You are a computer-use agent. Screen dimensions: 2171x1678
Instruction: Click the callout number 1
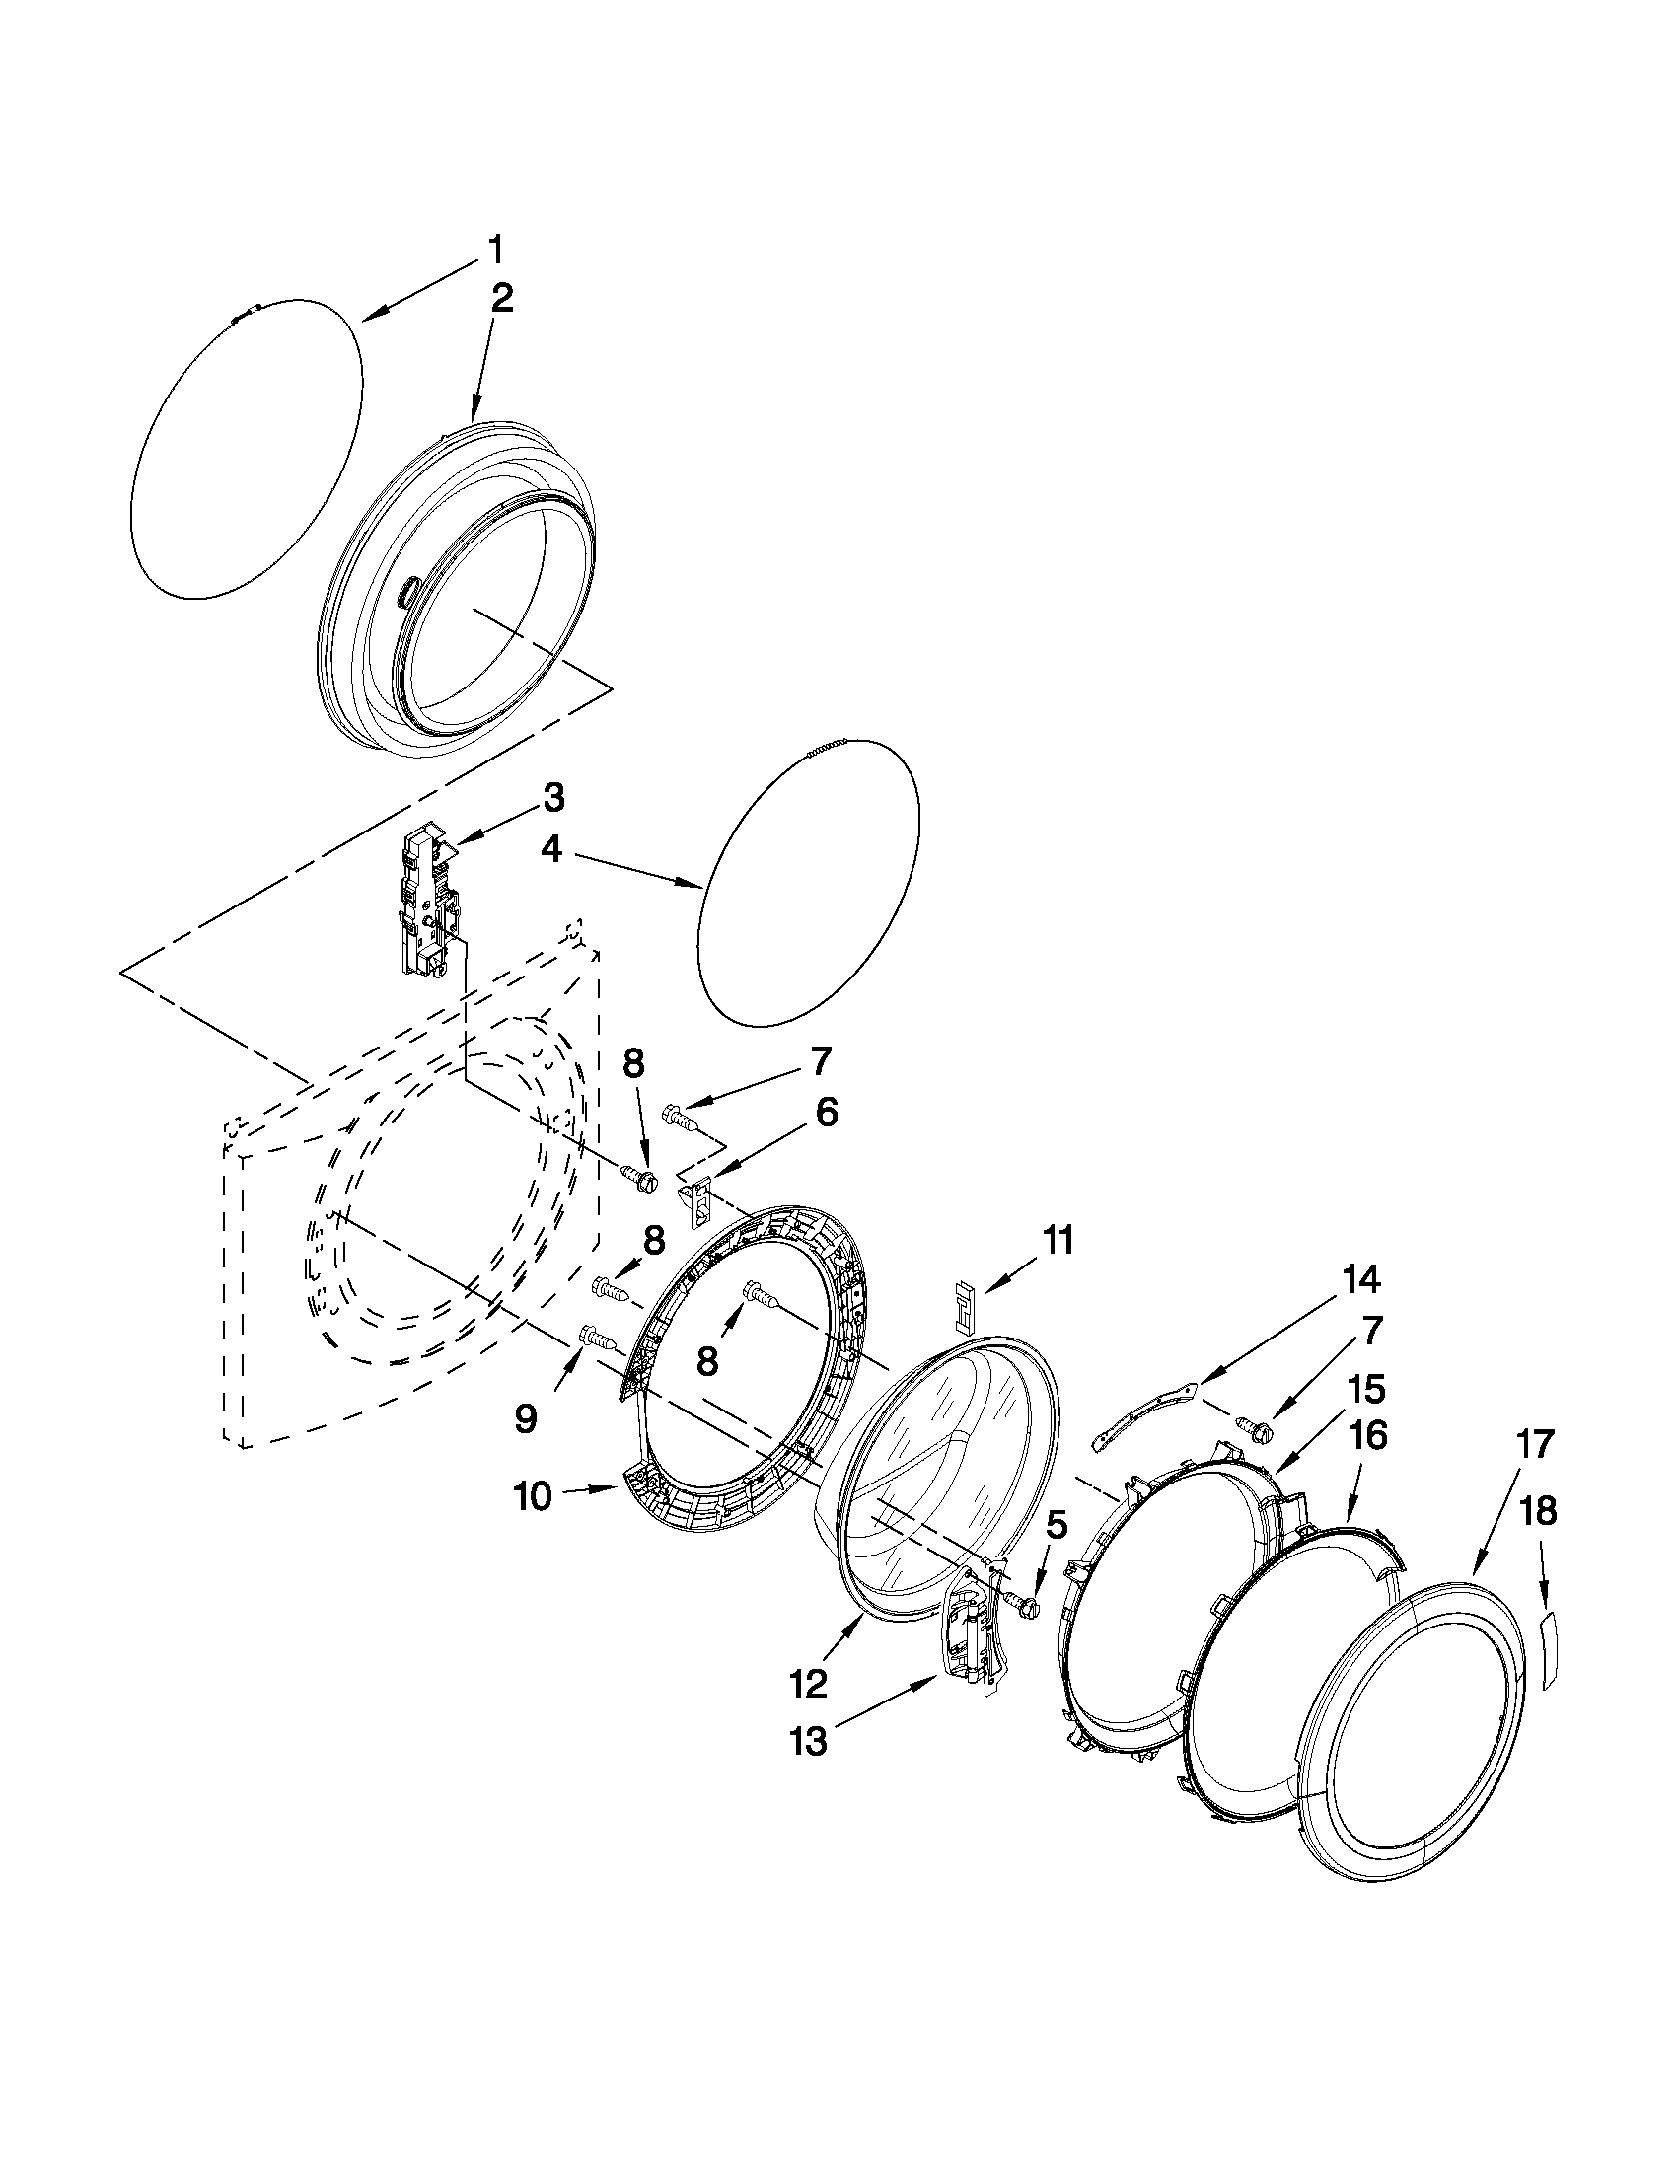(x=495, y=250)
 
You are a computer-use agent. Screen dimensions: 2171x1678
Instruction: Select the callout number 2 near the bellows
(x=502, y=298)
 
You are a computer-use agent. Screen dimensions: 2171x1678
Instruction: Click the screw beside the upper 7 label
(x=679, y=1118)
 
